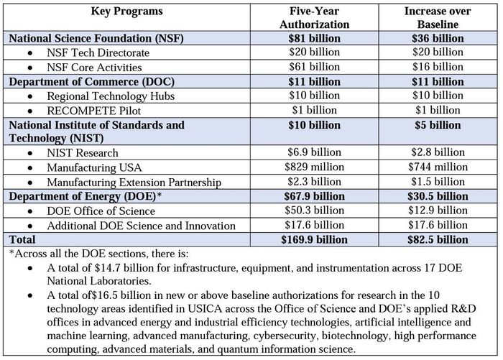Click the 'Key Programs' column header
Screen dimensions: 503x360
126,11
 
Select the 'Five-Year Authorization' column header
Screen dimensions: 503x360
314,18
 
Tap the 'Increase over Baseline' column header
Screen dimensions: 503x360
438,18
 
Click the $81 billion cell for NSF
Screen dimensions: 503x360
314,38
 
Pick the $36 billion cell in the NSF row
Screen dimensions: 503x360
438,38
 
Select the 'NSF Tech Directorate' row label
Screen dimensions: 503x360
98,52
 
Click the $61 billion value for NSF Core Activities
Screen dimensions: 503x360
314,67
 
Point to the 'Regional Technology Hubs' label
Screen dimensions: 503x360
111,96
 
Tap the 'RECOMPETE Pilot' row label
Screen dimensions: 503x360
93,111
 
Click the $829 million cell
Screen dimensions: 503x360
314,167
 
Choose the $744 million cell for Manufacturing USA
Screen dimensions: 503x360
438,167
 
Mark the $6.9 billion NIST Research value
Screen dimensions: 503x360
314,152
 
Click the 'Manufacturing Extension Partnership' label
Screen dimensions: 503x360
134,183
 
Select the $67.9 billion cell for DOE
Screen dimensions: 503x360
314,196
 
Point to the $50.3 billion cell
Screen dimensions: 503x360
314,211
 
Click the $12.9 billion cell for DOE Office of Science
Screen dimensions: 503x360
438,211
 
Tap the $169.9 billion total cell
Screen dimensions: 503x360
314,240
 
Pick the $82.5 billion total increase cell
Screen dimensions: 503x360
438,240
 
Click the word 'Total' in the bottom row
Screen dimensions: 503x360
22,240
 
